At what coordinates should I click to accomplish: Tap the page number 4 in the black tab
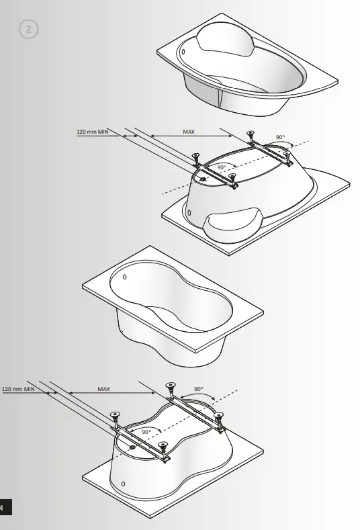point(3,508)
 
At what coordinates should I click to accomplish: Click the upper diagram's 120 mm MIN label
point(93,132)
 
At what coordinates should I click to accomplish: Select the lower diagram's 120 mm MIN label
point(18,388)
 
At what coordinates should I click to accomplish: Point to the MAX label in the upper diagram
point(189,132)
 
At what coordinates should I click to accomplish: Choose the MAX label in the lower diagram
point(103,388)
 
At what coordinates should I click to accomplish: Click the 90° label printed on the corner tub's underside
point(222,167)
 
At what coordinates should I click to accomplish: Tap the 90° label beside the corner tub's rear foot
point(279,137)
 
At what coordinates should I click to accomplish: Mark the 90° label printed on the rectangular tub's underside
point(146,431)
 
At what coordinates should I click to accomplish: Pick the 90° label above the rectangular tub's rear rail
point(199,389)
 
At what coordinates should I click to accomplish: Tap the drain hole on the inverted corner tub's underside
point(204,179)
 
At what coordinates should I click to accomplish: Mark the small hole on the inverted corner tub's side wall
point(189,213)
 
